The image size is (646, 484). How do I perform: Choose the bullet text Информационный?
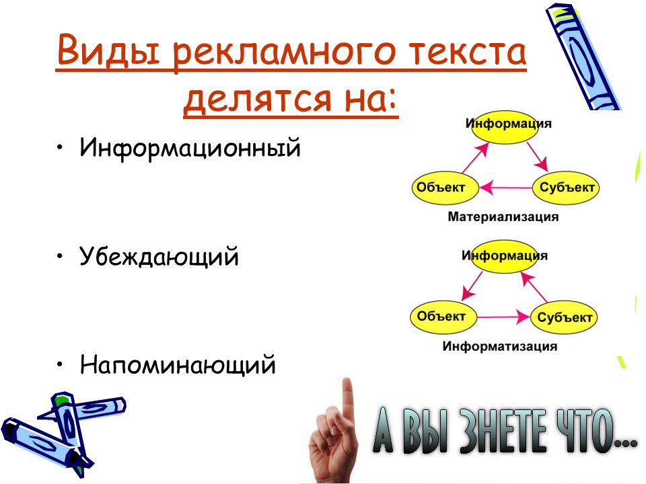[x=189, y=147]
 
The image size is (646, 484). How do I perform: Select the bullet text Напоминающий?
[x=178, y=365]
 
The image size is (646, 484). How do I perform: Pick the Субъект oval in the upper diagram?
[x=566, y=188]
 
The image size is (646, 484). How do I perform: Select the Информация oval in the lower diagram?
[x=505, y=256]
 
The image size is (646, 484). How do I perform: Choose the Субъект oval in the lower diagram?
[x=565, y=317]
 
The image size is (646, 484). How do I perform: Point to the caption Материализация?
[x=503, y=217]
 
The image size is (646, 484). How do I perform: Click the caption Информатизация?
[x=499, y=347]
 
